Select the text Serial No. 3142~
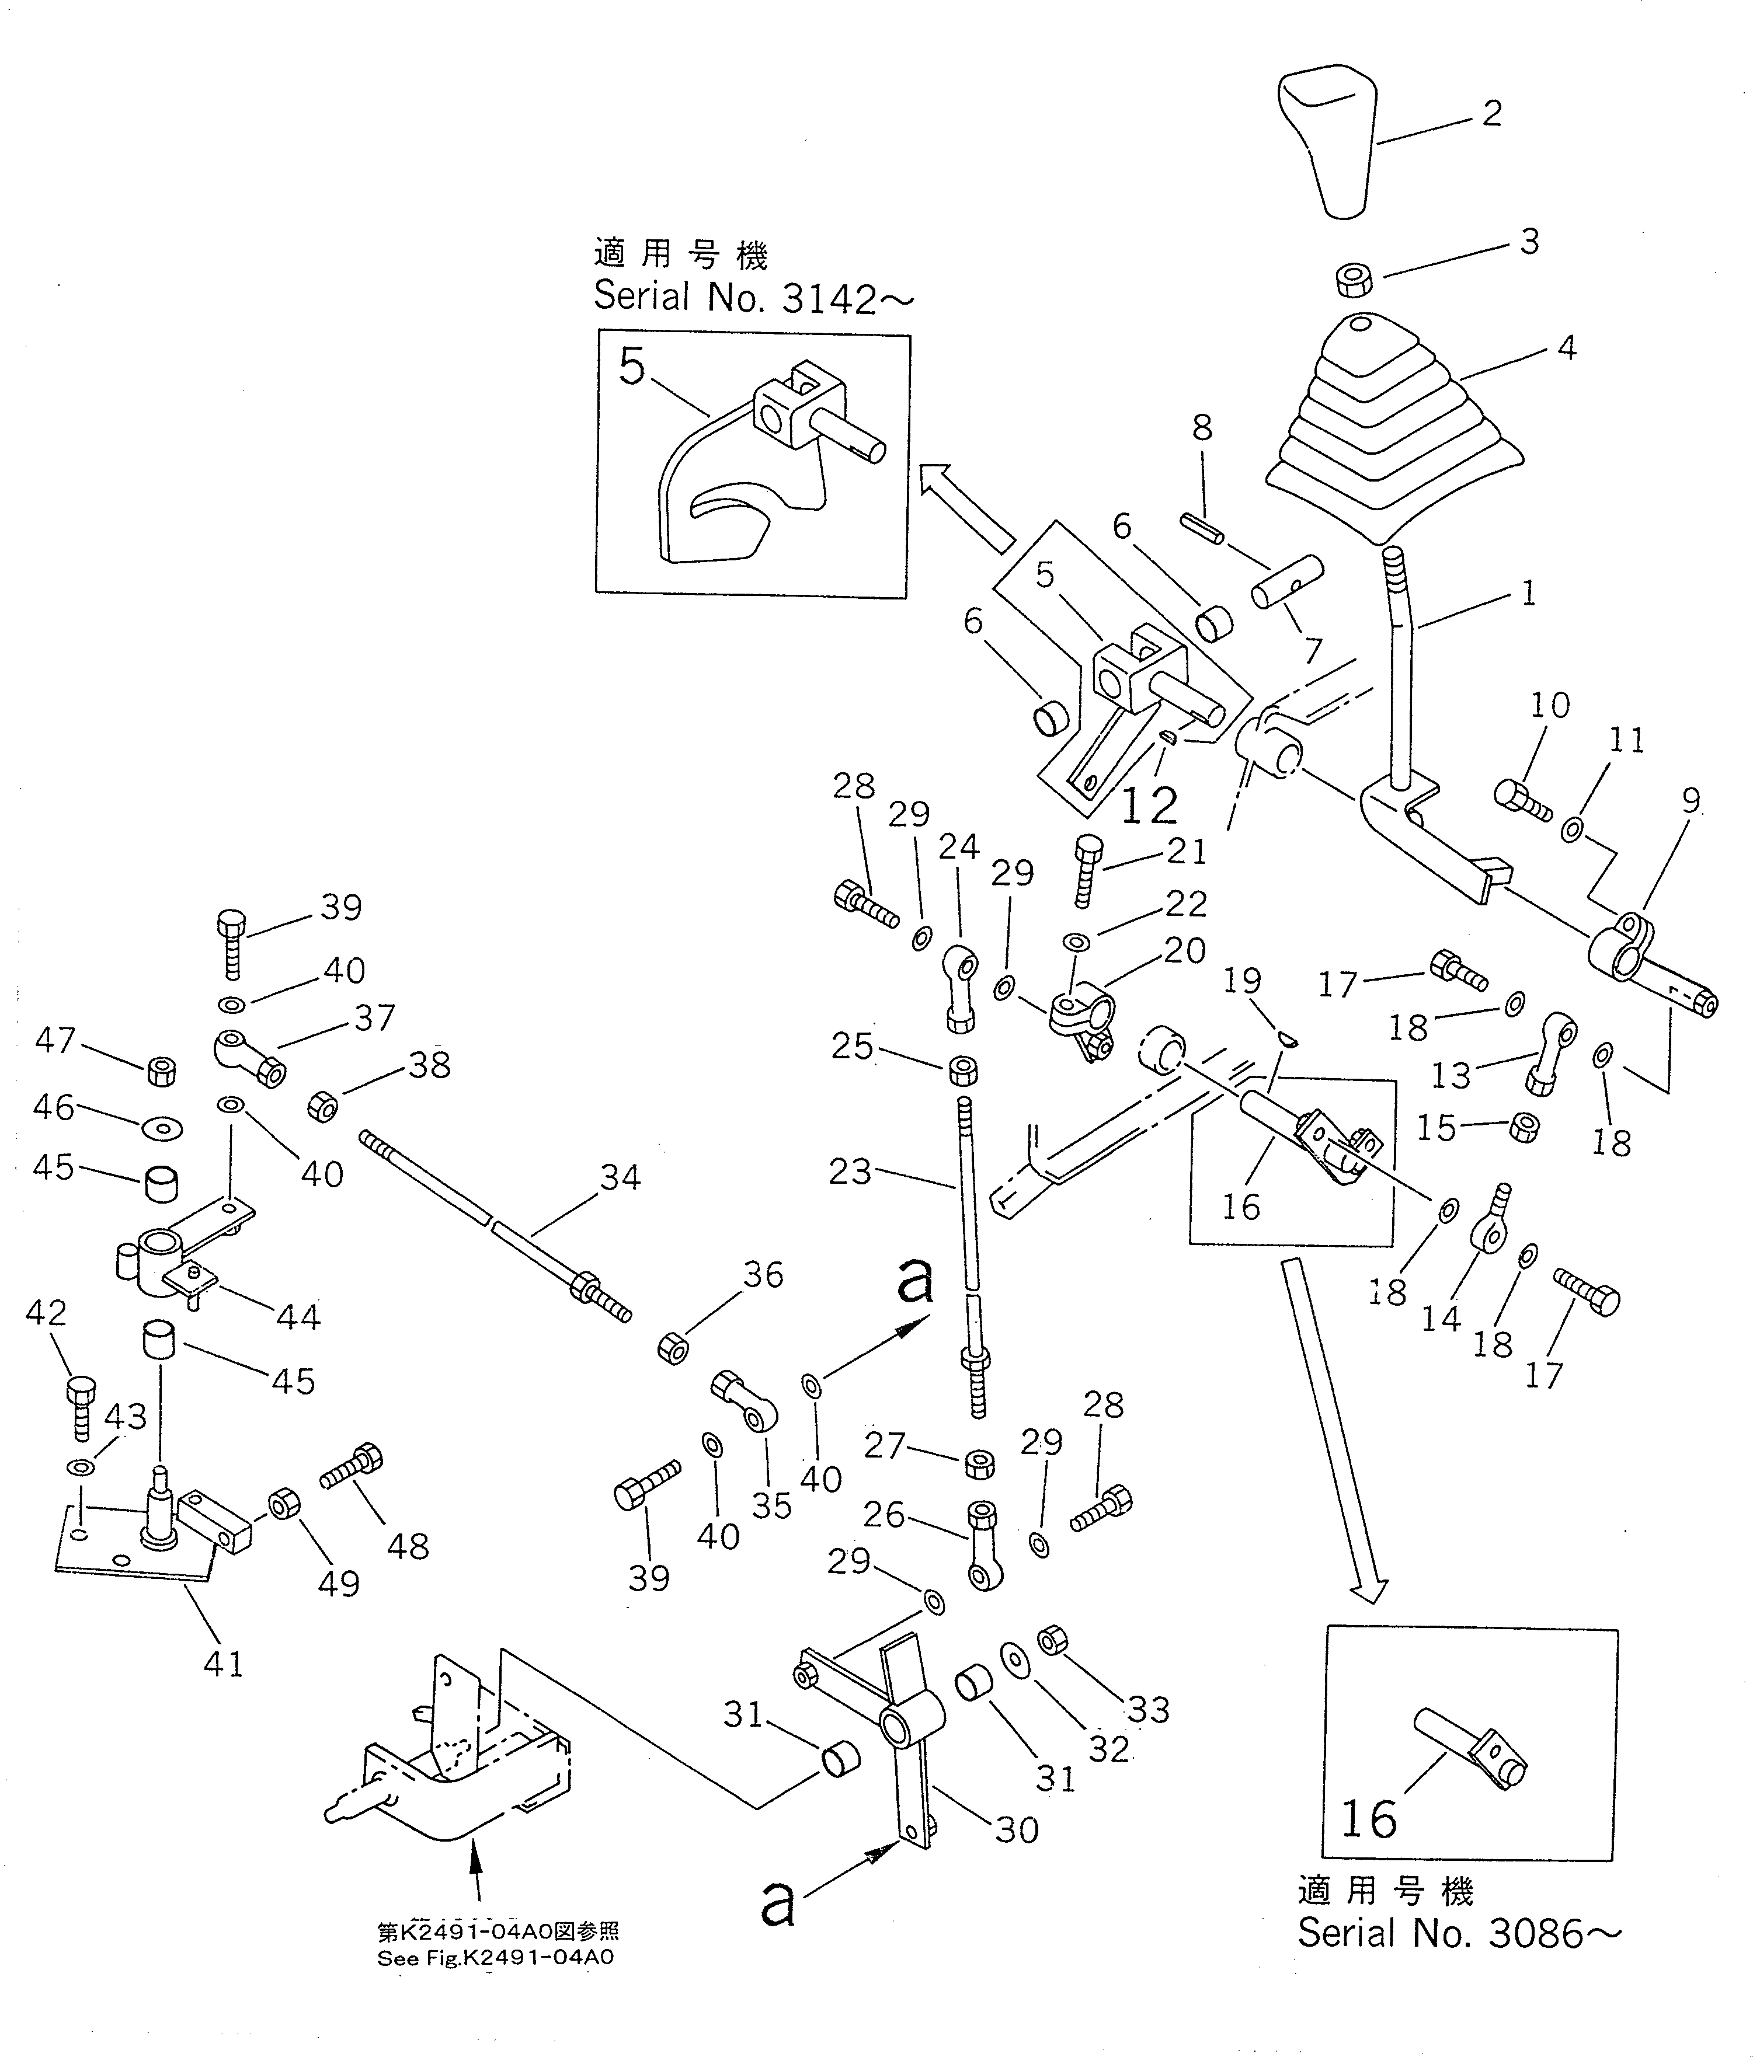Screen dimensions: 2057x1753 (753, 297)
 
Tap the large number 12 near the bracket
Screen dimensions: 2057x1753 (1149, 804)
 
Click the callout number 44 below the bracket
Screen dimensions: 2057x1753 (298, 1316)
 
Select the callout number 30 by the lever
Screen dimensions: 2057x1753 (1017, 1830)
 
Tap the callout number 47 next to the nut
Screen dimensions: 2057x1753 (55, 1040)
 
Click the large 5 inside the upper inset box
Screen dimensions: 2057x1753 (632, 367)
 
